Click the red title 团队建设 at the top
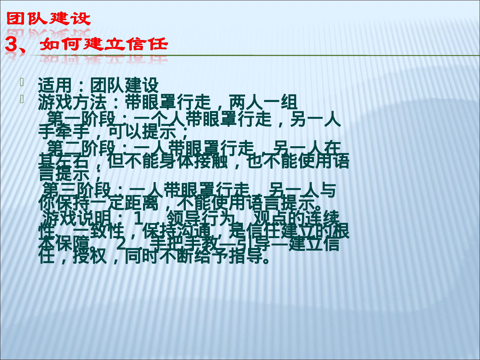(48, 19)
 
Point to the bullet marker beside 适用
(22, 82)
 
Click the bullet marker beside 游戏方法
(22, 99)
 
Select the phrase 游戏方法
(72, 102)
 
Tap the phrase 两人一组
(263, 102)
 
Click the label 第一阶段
(81, 119)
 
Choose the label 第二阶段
(81, 148)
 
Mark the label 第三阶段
(77, 189)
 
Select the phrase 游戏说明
(77, 218)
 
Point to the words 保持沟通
(176, 231)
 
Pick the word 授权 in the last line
(90, 257)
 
